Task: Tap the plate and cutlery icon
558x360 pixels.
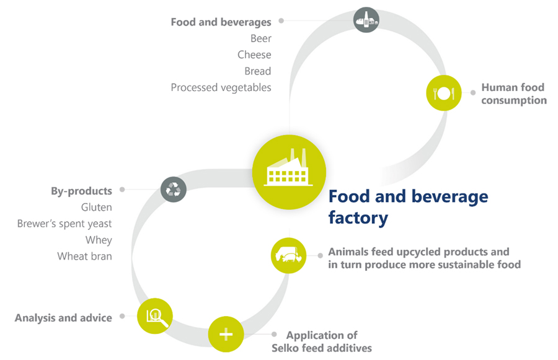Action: [444, 93]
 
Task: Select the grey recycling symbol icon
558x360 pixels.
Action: [174, 190]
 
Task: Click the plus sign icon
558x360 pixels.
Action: [226, 335]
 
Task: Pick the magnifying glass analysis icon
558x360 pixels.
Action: [155, 316]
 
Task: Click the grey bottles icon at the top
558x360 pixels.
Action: [366, 20]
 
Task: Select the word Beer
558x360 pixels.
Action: [260, 38]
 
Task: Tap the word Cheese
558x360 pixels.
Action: [254, 55]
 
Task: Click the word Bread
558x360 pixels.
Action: [257, 71]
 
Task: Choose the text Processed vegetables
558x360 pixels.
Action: [221, 87]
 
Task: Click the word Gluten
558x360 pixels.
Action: [96, 207]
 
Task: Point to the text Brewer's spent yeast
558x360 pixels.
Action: [64, 224]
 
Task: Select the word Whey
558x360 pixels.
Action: [99, 240]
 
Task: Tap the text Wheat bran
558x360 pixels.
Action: [84, 256]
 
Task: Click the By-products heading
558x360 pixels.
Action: [81, 191]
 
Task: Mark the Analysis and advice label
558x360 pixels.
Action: [63, 318]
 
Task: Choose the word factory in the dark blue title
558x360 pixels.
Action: [358, 217]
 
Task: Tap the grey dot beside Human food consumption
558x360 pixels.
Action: [473, 92]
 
